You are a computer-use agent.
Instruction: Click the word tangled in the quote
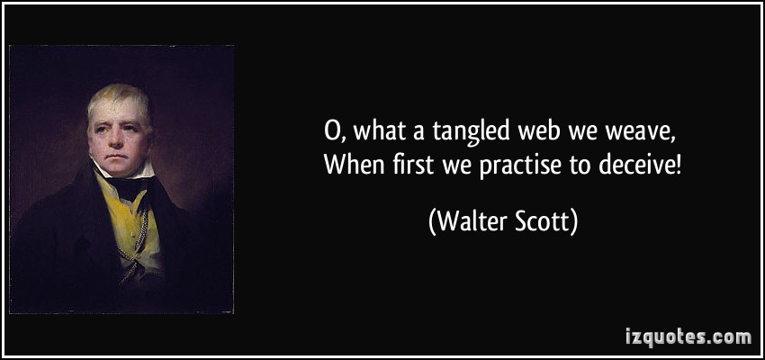point(469,132)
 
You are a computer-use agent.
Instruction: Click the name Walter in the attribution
point(471,222)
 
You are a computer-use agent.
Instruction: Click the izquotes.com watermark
point(688,337)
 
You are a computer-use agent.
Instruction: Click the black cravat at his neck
point(128,187)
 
